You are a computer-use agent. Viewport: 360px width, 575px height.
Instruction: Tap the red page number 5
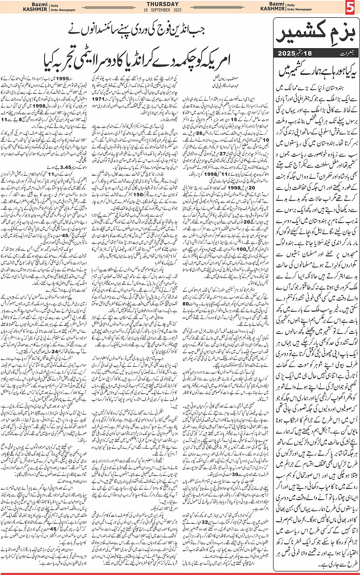click(x=351, y=7)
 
